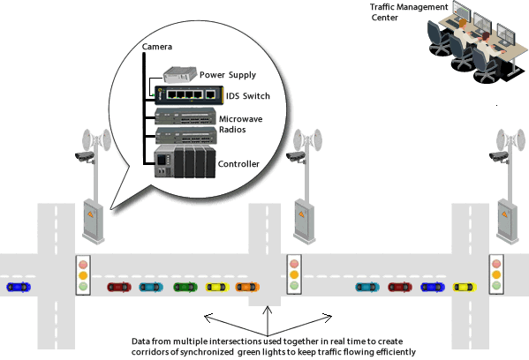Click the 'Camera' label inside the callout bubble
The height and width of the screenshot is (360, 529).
click(157, 46)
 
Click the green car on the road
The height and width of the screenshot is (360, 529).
click(185, 287)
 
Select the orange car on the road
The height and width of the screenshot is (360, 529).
click(247, 287)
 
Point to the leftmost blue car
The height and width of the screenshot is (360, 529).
click(17, 287)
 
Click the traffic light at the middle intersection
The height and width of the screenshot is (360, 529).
click(294, 274)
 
